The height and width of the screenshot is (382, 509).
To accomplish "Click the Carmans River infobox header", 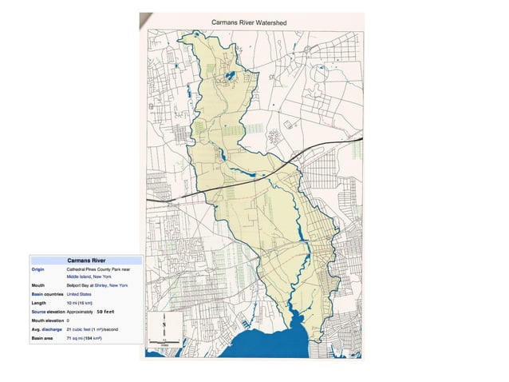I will [x=85, y=261].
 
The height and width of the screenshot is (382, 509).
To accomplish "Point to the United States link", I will [x=79, y=294].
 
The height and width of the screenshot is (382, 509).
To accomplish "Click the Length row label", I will [x=38, y=303].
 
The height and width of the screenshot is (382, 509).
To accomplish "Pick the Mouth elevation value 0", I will [x=68, y=320].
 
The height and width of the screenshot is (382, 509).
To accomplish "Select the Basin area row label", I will [x=42, y=338].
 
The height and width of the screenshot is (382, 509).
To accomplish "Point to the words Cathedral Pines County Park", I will [x=97, y=269].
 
